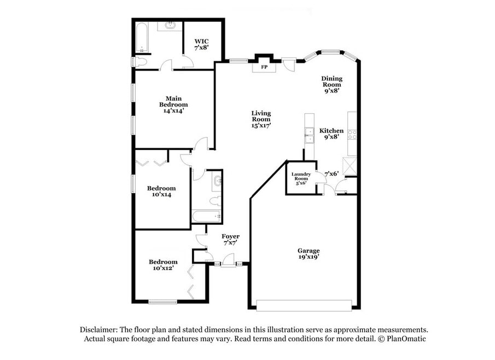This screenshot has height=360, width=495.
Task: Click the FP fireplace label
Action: tap(264, 67)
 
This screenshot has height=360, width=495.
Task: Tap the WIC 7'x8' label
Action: tap(201, 44)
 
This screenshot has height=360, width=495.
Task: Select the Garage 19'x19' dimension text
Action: tap(308, 257)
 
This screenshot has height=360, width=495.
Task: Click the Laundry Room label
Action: tap(301, 176)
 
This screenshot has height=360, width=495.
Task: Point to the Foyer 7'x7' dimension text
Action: tap(230, 243)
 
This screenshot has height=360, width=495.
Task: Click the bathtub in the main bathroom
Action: tap(142, 38)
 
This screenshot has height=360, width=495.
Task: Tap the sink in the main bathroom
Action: tap(170, 25)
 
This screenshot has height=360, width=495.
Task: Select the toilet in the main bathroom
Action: tap(140, 62)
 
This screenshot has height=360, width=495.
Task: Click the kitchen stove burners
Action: tap(352, 135)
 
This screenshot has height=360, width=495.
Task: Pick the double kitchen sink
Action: tap(310, 135)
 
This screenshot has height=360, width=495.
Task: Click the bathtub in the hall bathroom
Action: tap(207, 217)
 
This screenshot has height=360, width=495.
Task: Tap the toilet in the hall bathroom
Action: tap(216, 201)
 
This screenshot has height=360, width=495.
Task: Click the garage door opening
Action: tap(304, 305)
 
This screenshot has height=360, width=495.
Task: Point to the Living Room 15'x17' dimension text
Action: tap(261, 125)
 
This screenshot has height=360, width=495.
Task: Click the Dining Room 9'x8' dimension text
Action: tap(332, 91)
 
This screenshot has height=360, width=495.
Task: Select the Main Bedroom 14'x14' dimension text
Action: tap(173, 111)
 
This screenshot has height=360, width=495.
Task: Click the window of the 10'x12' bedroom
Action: tap(163, 302)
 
